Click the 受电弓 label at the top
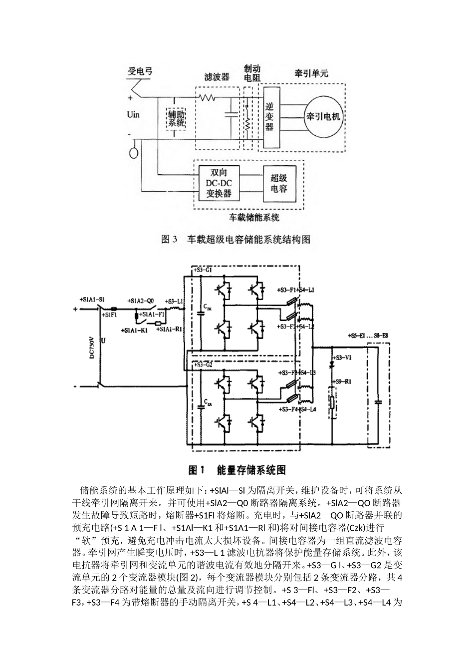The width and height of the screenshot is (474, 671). coord(140,72)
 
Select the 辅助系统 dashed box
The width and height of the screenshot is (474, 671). coord(177,118)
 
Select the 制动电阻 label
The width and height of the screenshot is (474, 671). coord(251,73)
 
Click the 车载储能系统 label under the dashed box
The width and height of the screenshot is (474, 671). coord(254,217)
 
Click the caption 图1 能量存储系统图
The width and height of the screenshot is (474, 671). coord(237,470)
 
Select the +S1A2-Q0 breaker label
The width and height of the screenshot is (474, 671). coord(140,301)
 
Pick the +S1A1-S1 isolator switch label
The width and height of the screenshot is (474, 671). coord(92,300)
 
